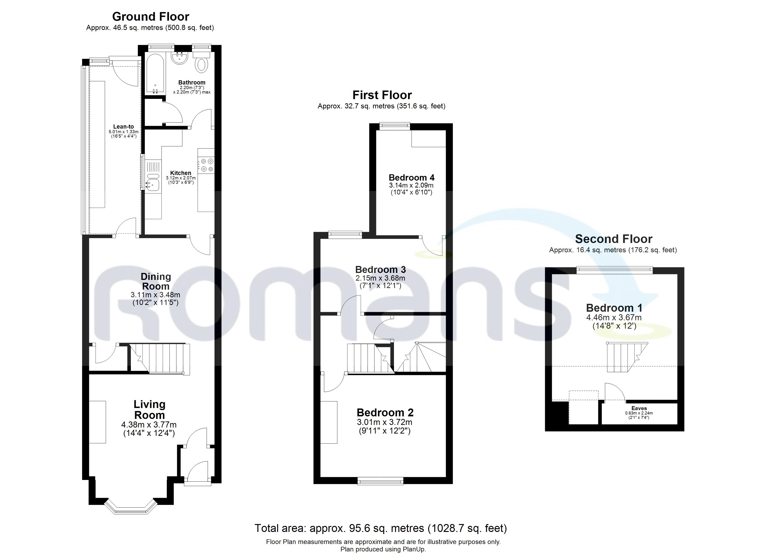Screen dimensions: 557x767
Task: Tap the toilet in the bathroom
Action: [202, 64]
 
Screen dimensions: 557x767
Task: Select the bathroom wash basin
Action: [180, 58]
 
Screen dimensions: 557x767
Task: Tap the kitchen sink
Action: [153, 184]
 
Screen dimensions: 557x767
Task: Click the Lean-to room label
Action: [123, 127]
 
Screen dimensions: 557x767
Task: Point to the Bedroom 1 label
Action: [614, 308]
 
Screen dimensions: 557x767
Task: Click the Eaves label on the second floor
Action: [639, 408]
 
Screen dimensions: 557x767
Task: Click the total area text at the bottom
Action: [380, 528]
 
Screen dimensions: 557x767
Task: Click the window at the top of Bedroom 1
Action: [615, 269]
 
